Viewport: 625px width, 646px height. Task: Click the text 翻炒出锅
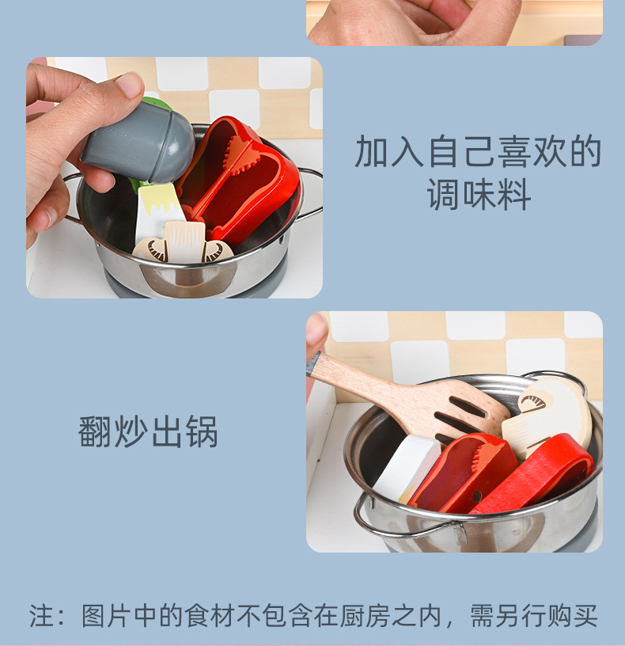pyautogui.click(x=148, y=431)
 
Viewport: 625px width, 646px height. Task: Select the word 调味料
pyautogui.click(x=479, y=195)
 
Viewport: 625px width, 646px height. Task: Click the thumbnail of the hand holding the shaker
pyautogui.click(x=174, y=177)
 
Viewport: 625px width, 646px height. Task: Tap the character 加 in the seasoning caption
pyautogui.click(x=371, y=152)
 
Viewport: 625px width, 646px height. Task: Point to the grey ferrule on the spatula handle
pyautogui.click(x=314, y=363)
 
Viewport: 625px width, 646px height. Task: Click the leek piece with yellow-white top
pyautogui.click(x=158, y=215)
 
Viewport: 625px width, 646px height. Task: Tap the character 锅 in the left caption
pyautogui.click(x=202, y=431)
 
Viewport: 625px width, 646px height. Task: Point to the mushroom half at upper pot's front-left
pyautogui.click(x=150, y=249)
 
